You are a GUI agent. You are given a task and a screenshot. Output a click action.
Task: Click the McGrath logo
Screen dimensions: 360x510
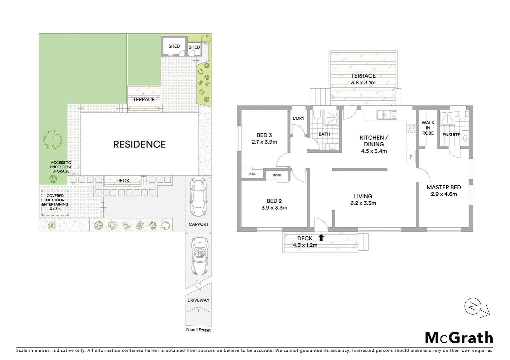pos(459,338)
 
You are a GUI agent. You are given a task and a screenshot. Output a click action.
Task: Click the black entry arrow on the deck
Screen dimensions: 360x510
pos(321,237)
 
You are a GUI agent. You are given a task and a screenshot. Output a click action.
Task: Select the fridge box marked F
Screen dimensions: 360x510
pos(411,157)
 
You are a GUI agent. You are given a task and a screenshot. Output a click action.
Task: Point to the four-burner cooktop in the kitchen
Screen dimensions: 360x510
pos(411,129)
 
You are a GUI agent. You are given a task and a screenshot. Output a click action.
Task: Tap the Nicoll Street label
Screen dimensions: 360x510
pos(198,330)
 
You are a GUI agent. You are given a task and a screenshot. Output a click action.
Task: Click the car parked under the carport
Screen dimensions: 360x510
pos(198,197)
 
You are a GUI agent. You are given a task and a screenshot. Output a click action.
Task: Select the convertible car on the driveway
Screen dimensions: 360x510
pos(198,256)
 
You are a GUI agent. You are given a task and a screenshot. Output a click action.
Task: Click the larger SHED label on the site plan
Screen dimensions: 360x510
pos(174,46)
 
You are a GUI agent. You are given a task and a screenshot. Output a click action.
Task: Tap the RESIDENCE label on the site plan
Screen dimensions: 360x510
pos(139,144)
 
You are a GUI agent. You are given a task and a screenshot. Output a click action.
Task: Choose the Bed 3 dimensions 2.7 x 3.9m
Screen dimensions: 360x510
pos(264,142)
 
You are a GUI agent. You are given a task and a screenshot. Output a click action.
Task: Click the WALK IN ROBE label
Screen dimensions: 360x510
pos(428,128)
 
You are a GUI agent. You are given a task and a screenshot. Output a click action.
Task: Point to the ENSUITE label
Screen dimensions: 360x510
pos(451,135)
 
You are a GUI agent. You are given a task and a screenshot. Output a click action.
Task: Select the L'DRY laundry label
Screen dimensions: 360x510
pos(299,118)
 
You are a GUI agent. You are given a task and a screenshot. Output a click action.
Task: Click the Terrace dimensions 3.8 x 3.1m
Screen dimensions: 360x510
pos(363,83)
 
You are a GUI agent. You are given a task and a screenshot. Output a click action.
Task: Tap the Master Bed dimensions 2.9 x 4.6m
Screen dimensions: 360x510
pos(444,194)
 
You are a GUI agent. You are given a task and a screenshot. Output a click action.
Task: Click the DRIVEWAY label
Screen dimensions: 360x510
pos(198,300)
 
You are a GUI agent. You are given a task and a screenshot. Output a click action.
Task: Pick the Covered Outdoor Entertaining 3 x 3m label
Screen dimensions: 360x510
pos(55,202)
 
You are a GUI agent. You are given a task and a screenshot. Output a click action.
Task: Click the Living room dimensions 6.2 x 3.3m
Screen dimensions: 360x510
pos(363,203)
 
